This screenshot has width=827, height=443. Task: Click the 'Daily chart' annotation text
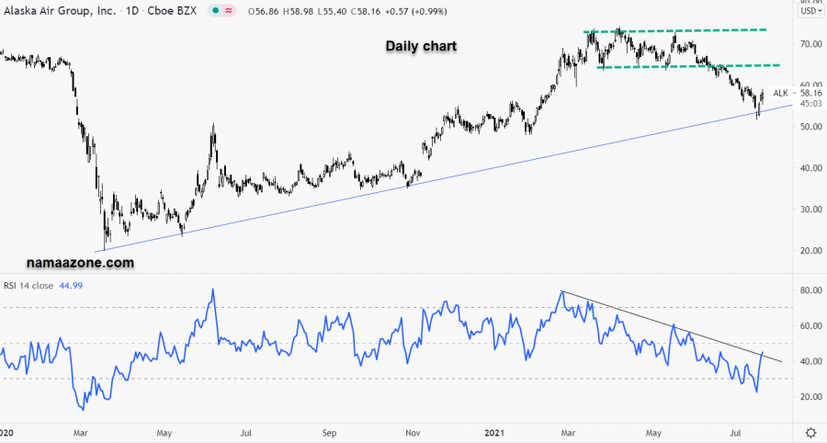(x=420, y=45)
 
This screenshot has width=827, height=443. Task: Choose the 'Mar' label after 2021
(x=569, y=431)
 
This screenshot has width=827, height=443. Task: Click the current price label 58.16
(x=810, y=93)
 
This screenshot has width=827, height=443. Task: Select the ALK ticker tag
(x=780, y=93)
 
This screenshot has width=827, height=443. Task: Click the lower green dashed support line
(x=689, y=65)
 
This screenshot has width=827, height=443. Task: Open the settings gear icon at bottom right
(x=810, y=432)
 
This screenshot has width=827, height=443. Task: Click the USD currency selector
(x=809, y=11)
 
